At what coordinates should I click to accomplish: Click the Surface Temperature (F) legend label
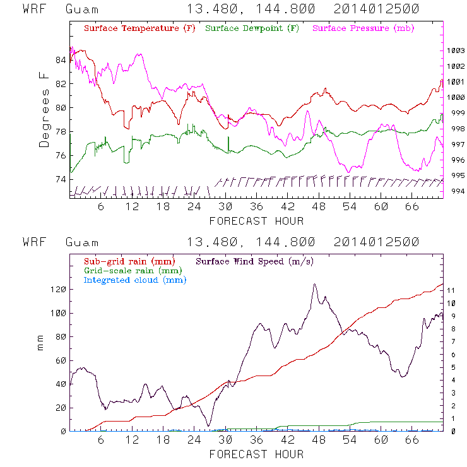139,29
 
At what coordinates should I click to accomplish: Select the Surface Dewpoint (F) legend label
252,29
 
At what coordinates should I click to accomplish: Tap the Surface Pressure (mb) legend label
360,29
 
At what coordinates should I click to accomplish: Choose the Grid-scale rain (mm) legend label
129,270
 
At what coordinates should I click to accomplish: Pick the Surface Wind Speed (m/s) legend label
255,261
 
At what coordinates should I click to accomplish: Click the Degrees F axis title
44,109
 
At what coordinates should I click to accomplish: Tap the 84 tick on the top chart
61,60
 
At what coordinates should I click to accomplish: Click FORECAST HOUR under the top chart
256,221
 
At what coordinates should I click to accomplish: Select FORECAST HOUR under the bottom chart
256,454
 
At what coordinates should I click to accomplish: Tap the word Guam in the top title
82,9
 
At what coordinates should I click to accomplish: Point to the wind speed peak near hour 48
314,285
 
